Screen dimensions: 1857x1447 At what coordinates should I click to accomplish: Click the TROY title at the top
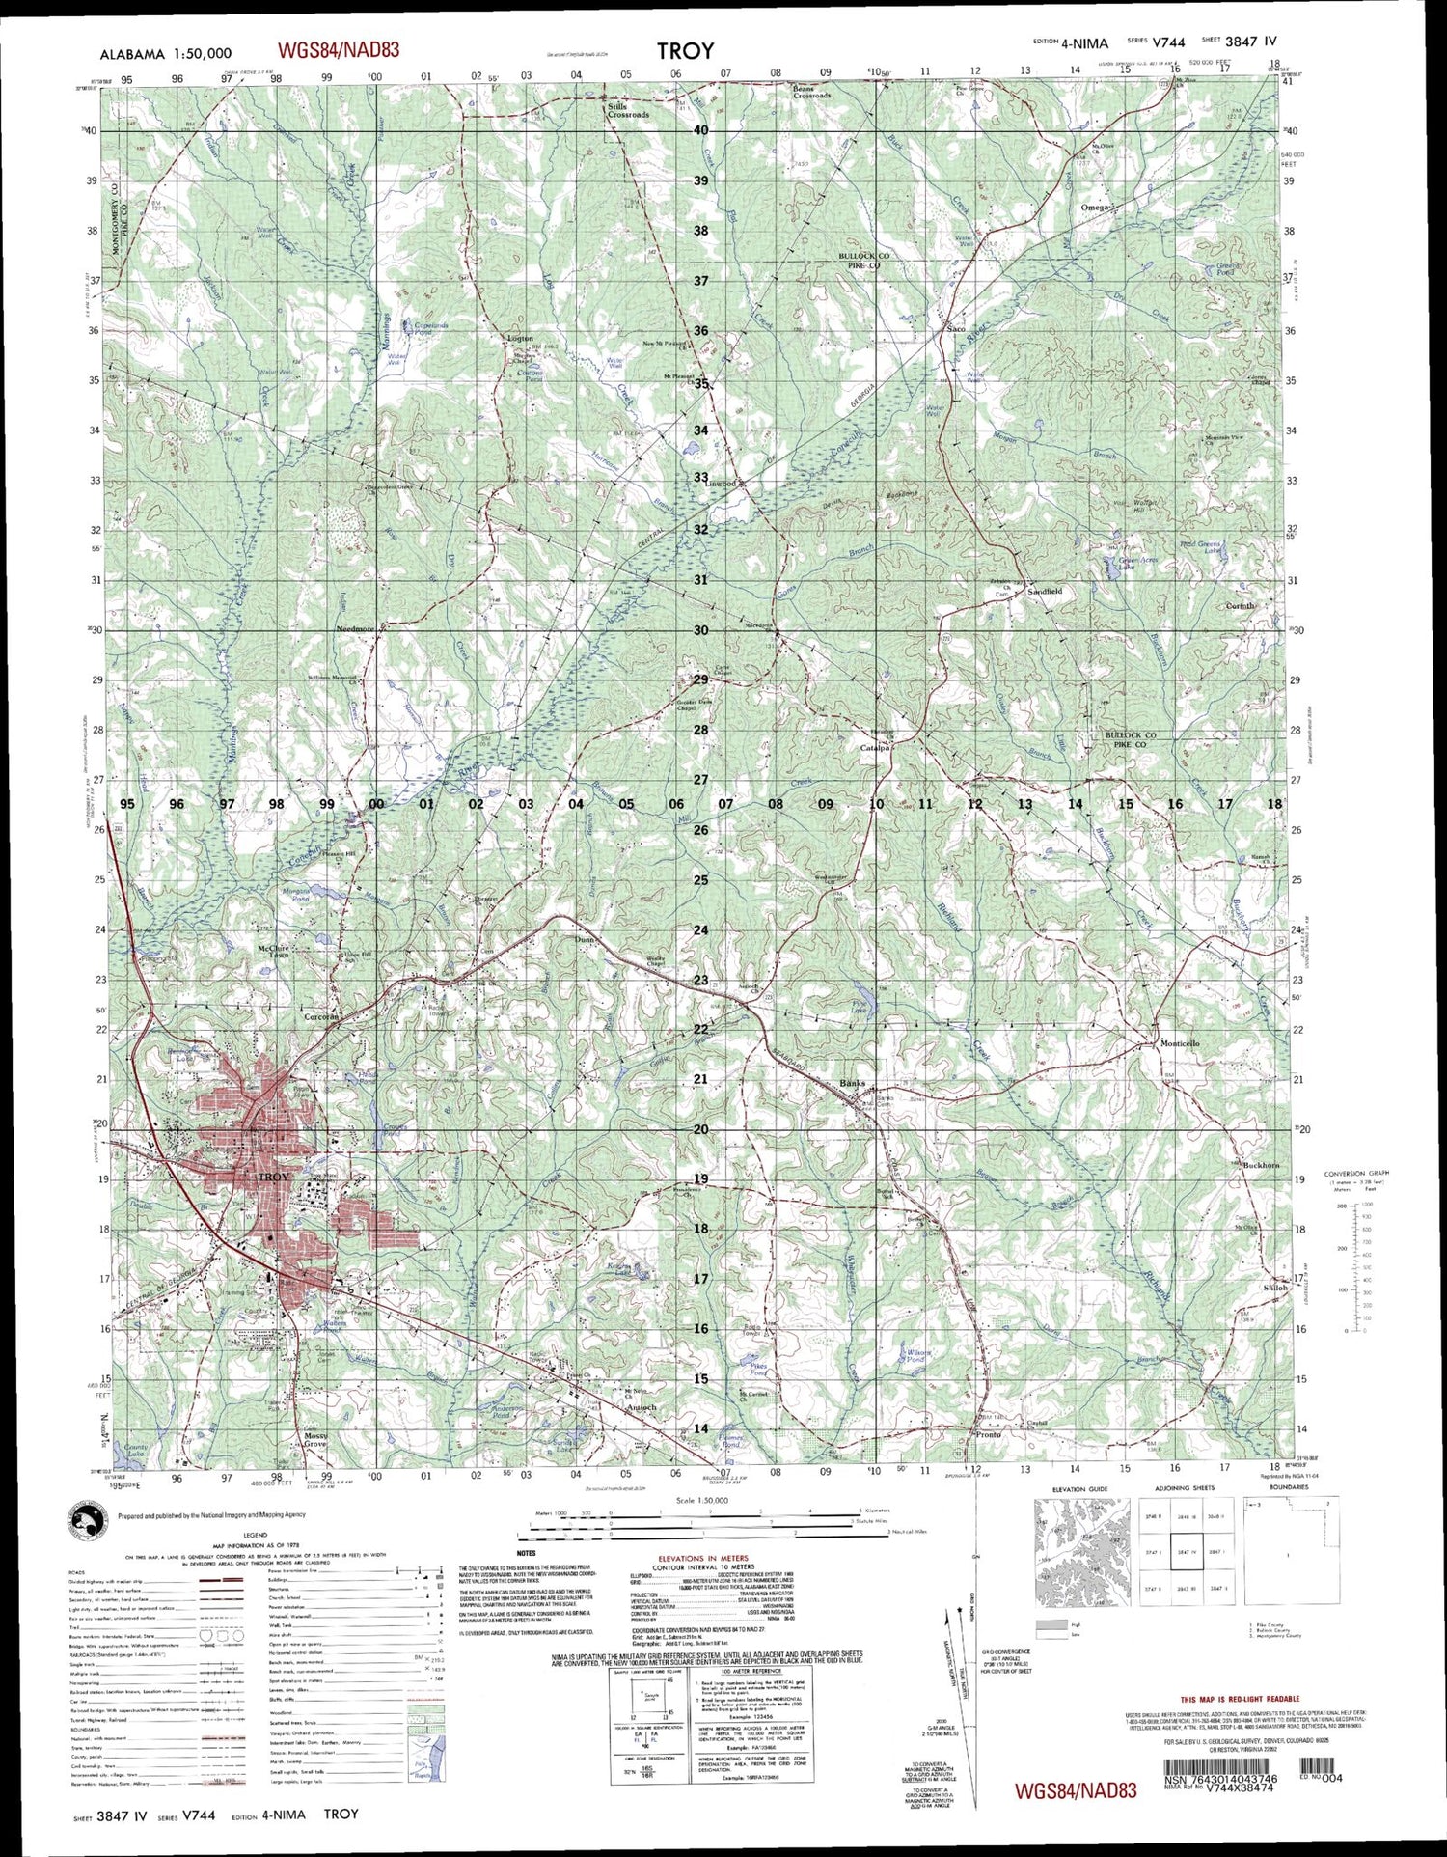pyautogui.click(x=686, y=51)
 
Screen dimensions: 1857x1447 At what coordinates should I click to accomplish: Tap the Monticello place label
pyautogui.click(x=1180, y=1043)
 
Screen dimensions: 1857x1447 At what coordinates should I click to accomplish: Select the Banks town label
pyautogui.click(x=853, y=1083)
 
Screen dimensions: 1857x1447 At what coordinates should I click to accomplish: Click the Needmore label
pyautogui.click(x=354, y=628)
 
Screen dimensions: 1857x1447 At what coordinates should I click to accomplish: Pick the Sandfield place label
pyautogui.click(x=1045, y=590)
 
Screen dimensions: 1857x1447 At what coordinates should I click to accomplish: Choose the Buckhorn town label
pyautogui.click(x=1261, y=1165)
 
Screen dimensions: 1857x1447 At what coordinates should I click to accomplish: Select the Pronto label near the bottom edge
pyautogui.click(x=989, y=1434)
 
